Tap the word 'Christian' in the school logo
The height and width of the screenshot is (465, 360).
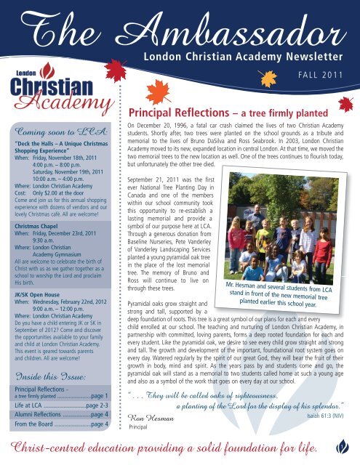coord(45,84)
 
